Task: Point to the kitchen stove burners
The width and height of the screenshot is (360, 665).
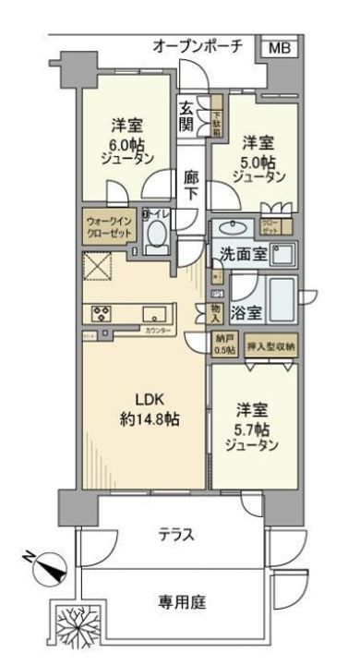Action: (x=101, y=313)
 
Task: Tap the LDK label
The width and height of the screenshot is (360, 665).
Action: (x=153, y=401)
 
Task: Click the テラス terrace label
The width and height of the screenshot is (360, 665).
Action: (x=177, y=534)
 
